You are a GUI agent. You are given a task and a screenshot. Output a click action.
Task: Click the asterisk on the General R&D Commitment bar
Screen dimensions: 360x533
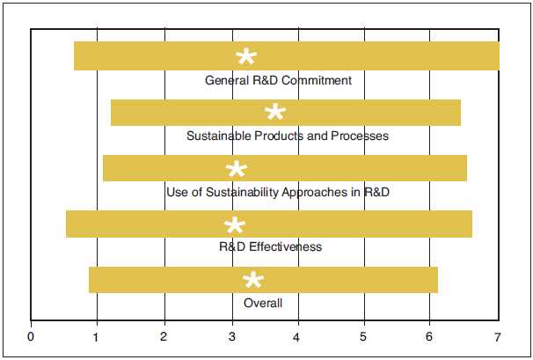246,58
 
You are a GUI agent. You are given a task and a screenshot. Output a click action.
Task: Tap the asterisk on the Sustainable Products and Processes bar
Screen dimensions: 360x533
275,114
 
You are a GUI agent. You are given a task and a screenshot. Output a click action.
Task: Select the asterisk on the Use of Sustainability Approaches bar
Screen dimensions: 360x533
236,170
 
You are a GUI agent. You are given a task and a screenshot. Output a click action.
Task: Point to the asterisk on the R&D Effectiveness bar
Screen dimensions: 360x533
235,226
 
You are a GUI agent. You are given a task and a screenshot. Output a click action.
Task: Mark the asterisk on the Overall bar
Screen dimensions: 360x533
252,281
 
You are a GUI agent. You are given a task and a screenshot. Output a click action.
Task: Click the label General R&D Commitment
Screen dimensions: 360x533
278,80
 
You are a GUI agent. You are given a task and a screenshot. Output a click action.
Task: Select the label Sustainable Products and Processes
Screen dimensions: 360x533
288,136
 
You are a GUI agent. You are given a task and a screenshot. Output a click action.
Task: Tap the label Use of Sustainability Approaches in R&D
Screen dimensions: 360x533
284,192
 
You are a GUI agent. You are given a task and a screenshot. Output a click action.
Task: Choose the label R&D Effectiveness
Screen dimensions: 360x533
270,246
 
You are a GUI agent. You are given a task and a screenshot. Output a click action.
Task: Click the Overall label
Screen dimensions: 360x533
263,303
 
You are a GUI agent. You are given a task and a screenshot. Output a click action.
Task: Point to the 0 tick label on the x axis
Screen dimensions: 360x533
32,336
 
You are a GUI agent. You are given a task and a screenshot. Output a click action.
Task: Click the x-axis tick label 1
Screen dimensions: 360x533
98,336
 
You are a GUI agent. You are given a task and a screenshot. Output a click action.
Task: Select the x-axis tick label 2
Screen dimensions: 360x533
164,336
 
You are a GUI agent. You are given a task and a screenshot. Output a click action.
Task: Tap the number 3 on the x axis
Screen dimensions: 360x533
231,336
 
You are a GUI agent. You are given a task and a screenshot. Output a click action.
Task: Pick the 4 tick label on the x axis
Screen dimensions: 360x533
297,336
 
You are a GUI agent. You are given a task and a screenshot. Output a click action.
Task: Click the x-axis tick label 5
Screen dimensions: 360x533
364,336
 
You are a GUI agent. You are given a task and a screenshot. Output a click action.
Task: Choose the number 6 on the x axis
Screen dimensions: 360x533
431,336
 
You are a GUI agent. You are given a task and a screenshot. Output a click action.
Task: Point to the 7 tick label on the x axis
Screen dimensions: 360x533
498,336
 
